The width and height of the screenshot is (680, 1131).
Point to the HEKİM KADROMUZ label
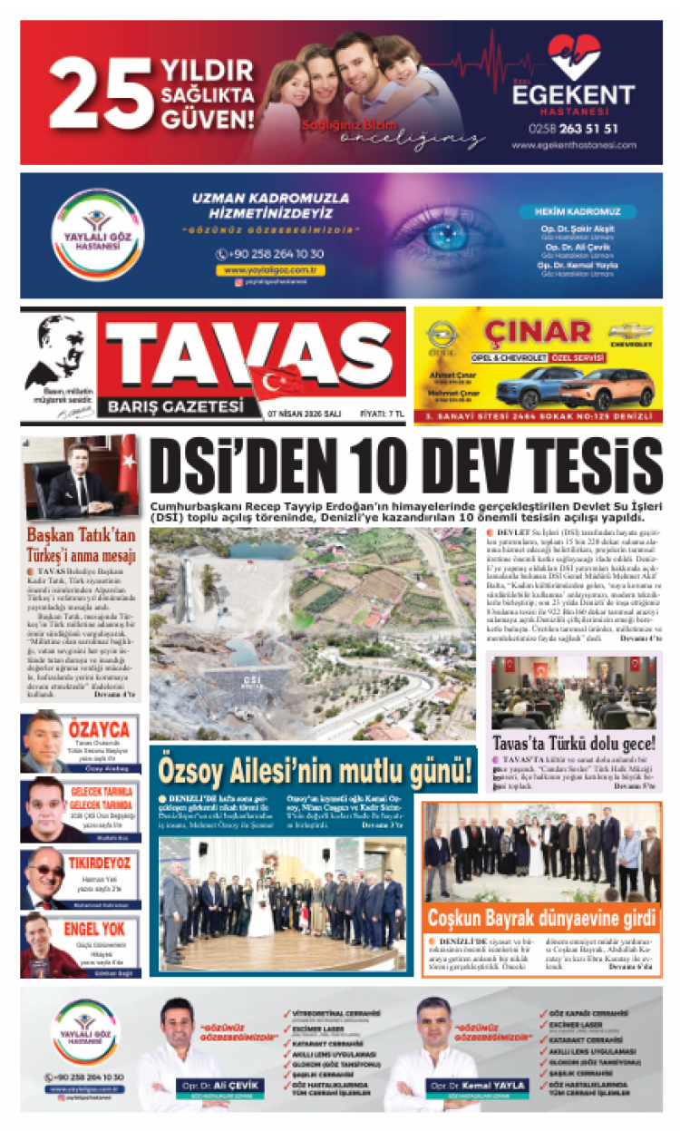[x=578, y=211]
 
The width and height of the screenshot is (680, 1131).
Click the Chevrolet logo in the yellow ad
[x=631, y=333]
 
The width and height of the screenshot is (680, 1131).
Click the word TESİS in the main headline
[x=593, y=465]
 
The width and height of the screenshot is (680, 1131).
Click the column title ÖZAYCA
[x=98, y=729]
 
